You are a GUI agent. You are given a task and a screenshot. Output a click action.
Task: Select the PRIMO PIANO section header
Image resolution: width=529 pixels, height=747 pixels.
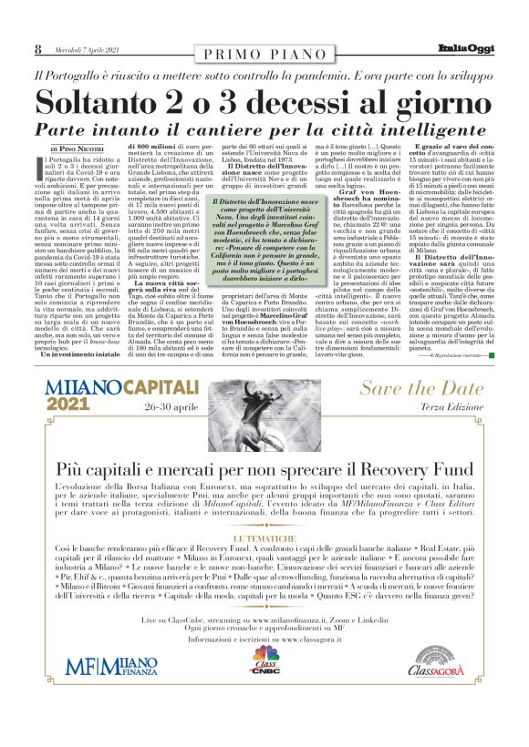coord(264,55)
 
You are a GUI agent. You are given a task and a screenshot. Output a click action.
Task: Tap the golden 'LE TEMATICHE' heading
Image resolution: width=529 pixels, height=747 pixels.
coord(264,539)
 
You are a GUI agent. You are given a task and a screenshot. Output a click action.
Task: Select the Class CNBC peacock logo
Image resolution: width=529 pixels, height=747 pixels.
coord(264,684)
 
